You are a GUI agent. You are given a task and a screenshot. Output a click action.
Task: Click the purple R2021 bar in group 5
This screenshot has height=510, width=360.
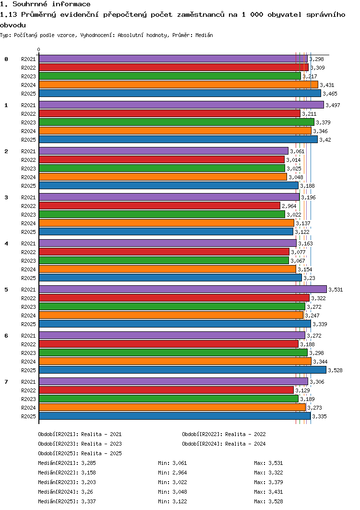(x=183, y=289)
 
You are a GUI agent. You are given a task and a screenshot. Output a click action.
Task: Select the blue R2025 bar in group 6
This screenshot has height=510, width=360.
(x=182, y=370)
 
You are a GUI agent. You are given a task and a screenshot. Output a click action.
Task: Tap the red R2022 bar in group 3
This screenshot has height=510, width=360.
(x=159, y=206)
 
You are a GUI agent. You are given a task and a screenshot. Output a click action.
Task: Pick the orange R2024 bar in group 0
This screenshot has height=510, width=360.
(x=179, y=85)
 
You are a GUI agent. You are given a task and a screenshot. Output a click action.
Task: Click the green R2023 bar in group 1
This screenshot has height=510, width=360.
(x=177, y=122)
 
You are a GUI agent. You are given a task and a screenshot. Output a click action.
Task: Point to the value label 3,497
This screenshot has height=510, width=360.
(x=333, y=105)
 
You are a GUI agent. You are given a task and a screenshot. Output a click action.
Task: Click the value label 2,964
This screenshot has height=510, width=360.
(x=289, y=206)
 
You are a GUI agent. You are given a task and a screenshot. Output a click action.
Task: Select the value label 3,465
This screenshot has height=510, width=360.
(x=330, y=94)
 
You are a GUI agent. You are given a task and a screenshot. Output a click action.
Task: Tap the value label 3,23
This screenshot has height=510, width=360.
(x=309, y=278)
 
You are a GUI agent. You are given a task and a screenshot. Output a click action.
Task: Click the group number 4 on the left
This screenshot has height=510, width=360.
(x=6, y=243)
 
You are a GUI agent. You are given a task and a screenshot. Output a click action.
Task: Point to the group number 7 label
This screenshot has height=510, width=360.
(x=6, y=381)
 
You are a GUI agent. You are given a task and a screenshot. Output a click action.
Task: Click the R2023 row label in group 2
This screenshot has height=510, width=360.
(x=29, y=169)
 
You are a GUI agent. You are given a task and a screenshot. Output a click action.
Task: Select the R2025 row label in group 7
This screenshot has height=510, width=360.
(x=29, y=416)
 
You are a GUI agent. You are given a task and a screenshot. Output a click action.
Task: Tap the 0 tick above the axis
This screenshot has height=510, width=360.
(x=39, y=50)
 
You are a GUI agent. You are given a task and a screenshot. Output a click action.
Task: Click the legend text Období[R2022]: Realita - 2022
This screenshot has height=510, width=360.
(x=224, y=434)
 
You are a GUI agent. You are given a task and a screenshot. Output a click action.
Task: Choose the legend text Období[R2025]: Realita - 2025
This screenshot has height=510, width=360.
(x=80, y=453)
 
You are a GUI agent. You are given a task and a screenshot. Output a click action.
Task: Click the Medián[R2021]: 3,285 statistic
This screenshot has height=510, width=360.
(x=67, y=463)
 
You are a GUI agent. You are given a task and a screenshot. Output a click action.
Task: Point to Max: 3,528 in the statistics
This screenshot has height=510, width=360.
(x=268, y=501)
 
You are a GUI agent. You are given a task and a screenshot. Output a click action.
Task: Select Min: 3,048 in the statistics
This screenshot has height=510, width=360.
(x=172, y=492)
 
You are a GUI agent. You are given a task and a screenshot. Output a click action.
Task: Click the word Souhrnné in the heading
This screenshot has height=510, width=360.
(x=30, y=4)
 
